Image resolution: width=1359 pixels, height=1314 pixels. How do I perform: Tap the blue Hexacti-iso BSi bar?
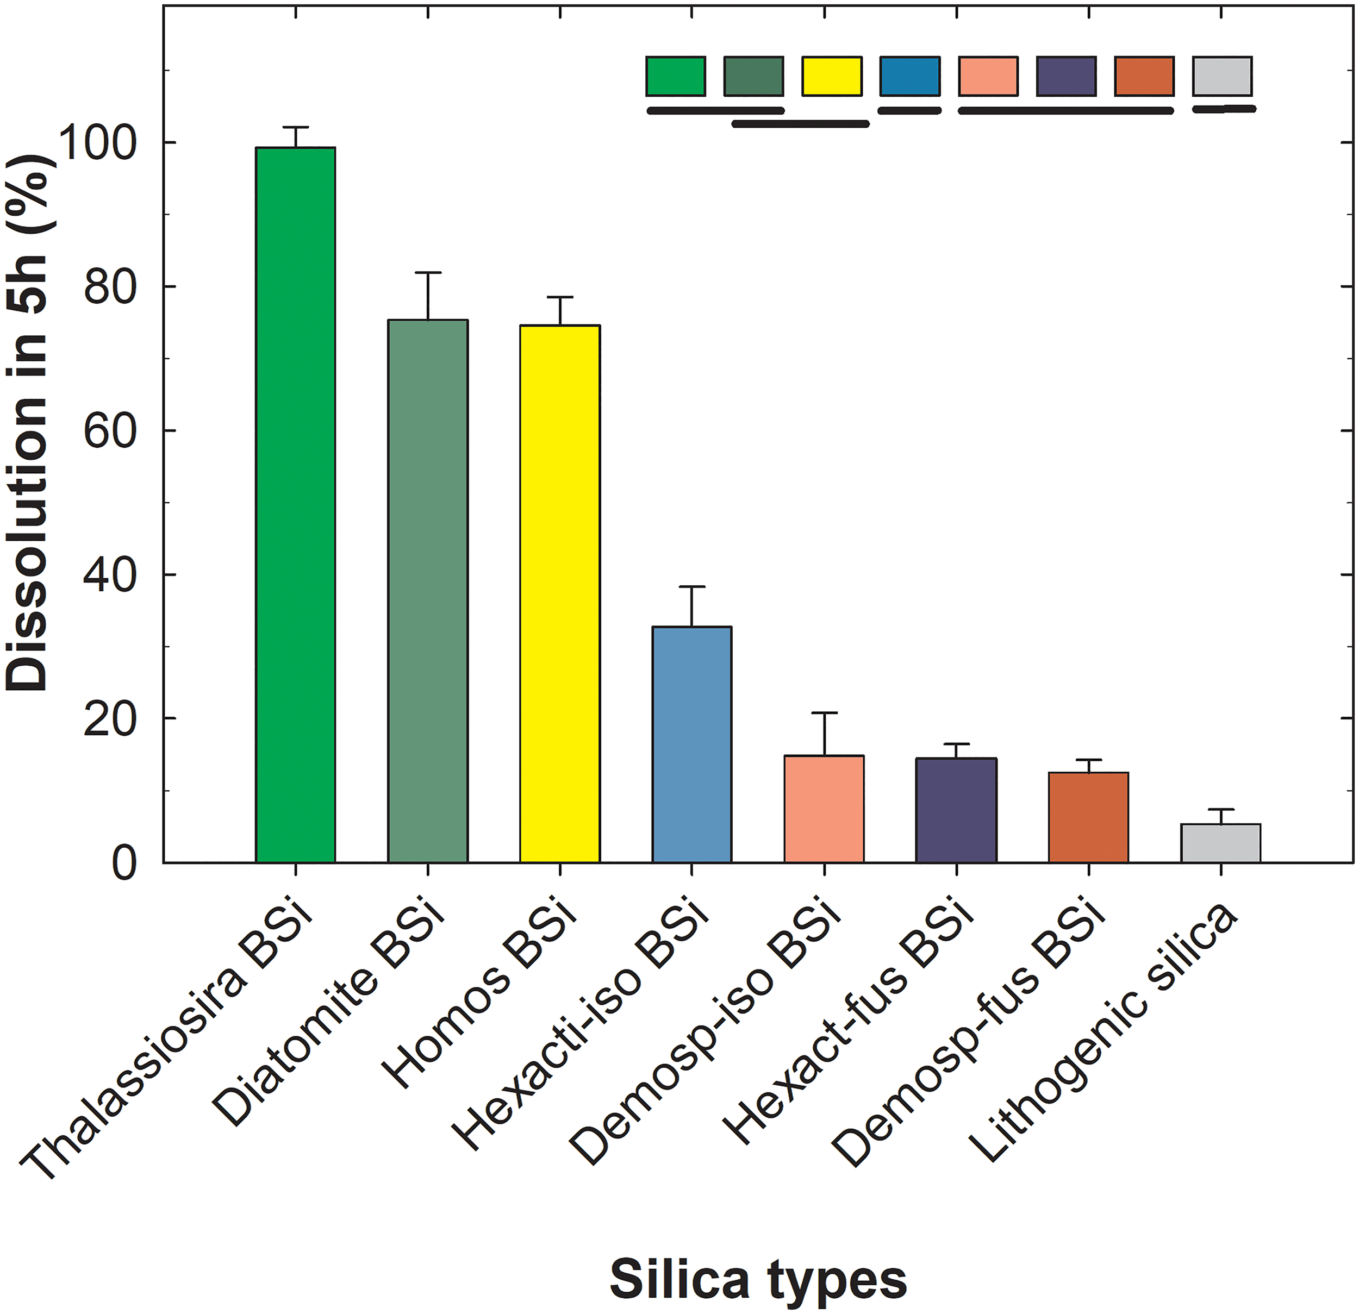[x=691, y=744]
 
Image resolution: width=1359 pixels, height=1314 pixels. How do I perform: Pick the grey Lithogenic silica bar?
[x=1220, y=843]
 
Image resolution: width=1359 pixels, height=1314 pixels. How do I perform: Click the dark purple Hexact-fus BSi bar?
[x=956, y=810]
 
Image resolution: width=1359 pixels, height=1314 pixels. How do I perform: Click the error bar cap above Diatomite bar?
[x=428, y=273]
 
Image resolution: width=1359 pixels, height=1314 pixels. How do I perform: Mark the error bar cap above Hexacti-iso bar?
[x=691, y=587]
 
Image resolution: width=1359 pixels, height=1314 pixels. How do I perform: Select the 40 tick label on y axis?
[x=108, y=574]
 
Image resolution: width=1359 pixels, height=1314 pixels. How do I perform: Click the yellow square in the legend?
[x=831, y=76]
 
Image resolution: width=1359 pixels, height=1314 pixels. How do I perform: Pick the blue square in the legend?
[x=909, y=76]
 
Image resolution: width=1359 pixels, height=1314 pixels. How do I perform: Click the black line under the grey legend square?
[x=1225, y=109]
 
